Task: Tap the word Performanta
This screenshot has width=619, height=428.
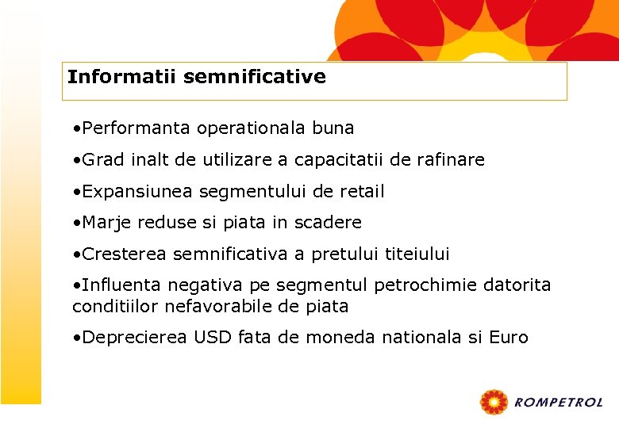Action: click(x=136, y=128)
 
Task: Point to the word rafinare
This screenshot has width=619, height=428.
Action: click(x=448, y=159)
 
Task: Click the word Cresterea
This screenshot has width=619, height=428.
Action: click(x=125, y=254)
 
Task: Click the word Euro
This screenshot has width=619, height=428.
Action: click(x=509, y=338)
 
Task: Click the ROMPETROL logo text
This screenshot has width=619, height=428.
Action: click(x=559, y=403)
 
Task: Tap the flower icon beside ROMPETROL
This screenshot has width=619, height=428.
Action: click(x=494, y=403)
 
